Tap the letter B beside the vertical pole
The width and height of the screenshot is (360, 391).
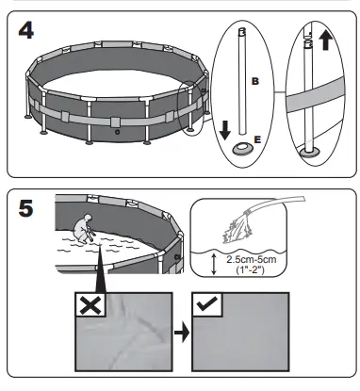click(254, 83)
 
